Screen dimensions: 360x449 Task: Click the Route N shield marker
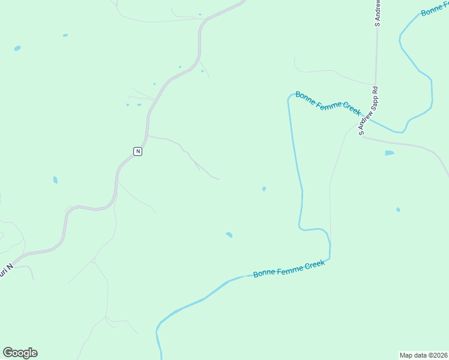(138, 151)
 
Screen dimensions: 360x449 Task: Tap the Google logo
(20, 353)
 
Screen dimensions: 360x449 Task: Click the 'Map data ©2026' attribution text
(423, 355)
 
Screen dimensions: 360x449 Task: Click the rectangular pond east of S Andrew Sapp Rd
(390, 153)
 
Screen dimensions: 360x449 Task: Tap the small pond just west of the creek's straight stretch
(264, 189)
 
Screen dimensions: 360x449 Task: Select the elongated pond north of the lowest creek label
(229, 235)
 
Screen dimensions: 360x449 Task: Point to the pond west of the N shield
(55, 179)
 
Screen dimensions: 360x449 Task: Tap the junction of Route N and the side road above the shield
(148, 136)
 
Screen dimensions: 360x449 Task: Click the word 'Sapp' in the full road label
(369, 107)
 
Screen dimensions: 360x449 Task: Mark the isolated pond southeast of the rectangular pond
(398, 209)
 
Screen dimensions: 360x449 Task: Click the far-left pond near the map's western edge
(17, 48)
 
